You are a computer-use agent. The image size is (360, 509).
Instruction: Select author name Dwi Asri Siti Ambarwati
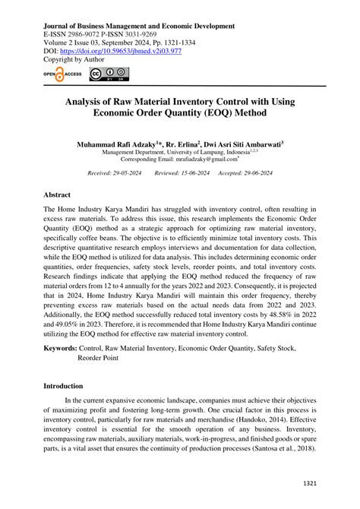tap(251, 144)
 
